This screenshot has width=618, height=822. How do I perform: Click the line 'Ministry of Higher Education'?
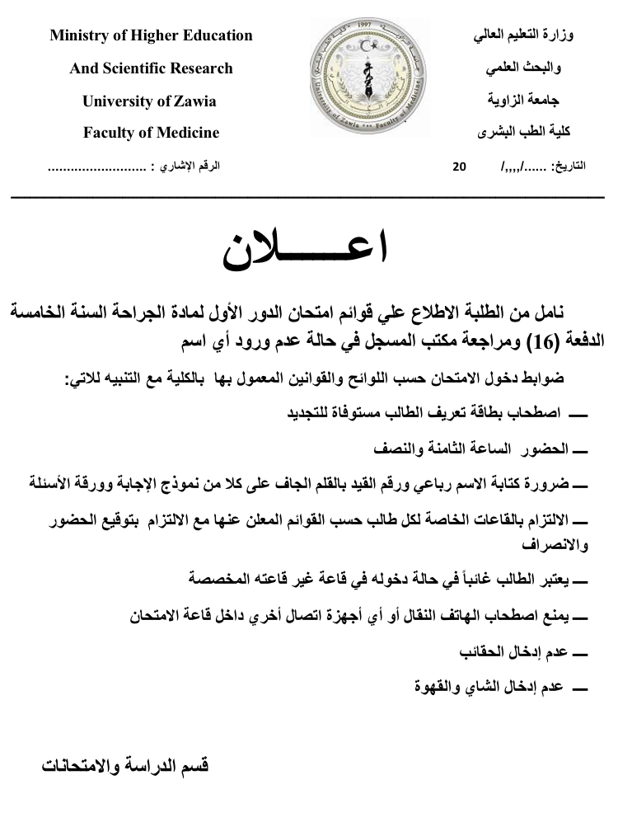click(152, 35)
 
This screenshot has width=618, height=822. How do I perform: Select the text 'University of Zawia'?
click(149, 101)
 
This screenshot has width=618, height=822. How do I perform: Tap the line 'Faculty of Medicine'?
click(152, 133)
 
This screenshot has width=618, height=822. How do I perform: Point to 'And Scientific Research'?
click(152, 68)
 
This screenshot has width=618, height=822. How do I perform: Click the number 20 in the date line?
click(460, 167)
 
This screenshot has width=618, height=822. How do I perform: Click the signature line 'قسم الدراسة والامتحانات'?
click(125, 766)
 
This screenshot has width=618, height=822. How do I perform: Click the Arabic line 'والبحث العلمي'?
click(531, 69)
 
